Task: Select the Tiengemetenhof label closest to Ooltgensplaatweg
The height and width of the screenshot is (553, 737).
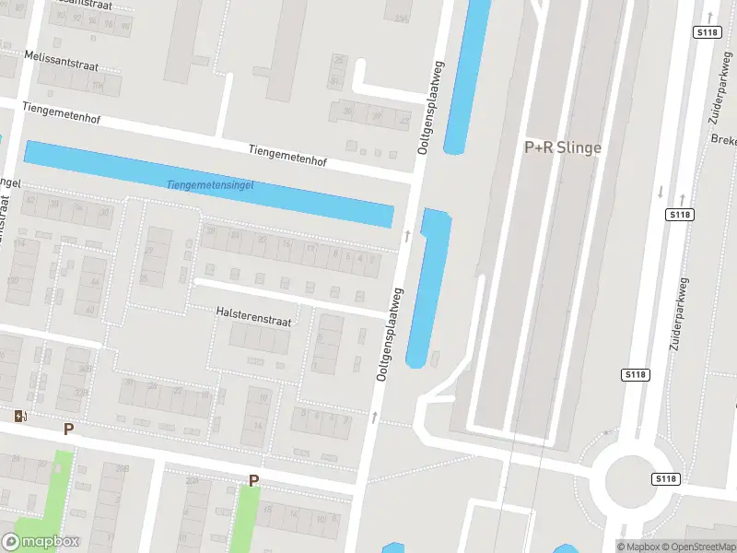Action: coord(287,155)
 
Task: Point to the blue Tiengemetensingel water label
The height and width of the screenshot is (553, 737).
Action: coord(210,185)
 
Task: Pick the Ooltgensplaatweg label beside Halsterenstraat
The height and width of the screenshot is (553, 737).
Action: coord(391,335)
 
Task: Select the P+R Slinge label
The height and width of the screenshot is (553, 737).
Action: coord(562,147)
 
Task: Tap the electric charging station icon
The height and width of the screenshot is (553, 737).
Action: coord(20,417)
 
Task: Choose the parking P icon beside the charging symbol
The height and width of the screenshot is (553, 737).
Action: coord(68,429)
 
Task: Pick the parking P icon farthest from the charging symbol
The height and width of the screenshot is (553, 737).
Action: coord(253,480)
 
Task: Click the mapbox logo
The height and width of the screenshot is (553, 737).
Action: coord(40,542)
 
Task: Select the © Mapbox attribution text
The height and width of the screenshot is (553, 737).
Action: coord(639,547)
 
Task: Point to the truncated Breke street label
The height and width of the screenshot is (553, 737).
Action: coord(723,140)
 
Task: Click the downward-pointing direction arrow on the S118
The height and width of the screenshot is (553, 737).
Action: coord(660,192)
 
